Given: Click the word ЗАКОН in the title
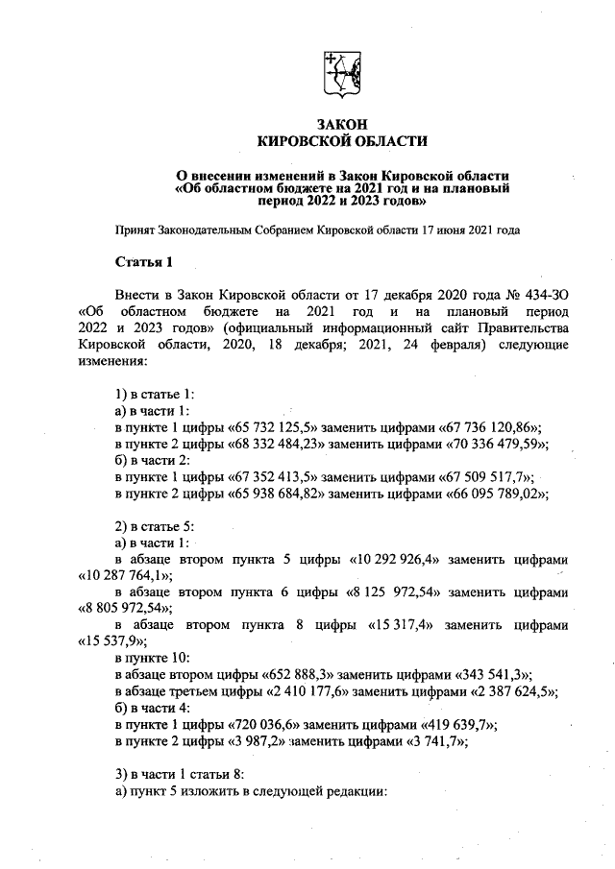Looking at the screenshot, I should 342,126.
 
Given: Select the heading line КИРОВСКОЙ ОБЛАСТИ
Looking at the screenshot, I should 342,142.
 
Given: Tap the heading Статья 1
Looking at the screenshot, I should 144,262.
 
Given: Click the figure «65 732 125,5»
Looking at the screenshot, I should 235,427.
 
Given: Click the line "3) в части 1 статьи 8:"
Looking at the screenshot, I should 182,775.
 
